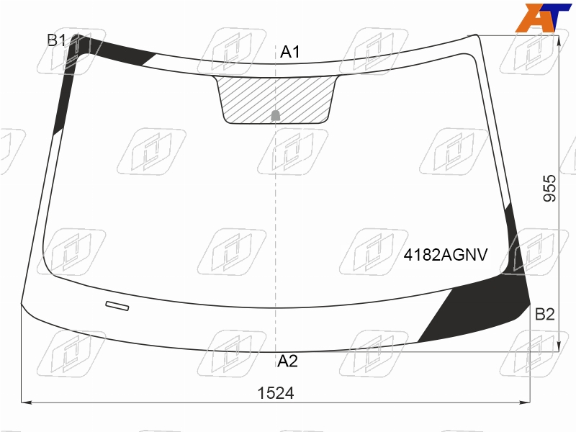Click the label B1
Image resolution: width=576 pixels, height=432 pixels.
(x=56, y=40)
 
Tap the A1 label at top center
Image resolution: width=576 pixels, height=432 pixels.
(x=290, y=52)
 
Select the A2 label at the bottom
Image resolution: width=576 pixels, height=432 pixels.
(x=287, y=361)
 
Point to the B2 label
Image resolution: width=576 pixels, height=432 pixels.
(x=544, y=315)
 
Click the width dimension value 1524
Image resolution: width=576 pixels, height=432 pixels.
(x=276, y=393)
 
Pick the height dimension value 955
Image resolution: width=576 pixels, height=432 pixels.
(x=549, y=188)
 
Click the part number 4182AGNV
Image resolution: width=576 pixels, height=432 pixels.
(x=446, y=255)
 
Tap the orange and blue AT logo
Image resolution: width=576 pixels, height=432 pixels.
(x=543, y=17)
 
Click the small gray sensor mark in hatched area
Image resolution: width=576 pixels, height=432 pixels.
(x=276, y=115)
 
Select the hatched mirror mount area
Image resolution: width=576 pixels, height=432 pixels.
(x=276, y=99)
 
